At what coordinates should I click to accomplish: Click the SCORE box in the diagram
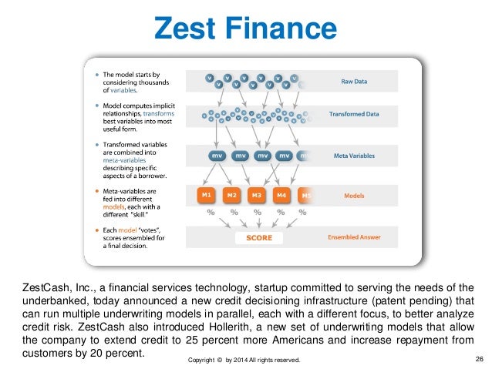point(258,238)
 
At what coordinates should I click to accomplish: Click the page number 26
point(479,359)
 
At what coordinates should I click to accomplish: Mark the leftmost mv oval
point(217,156)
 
